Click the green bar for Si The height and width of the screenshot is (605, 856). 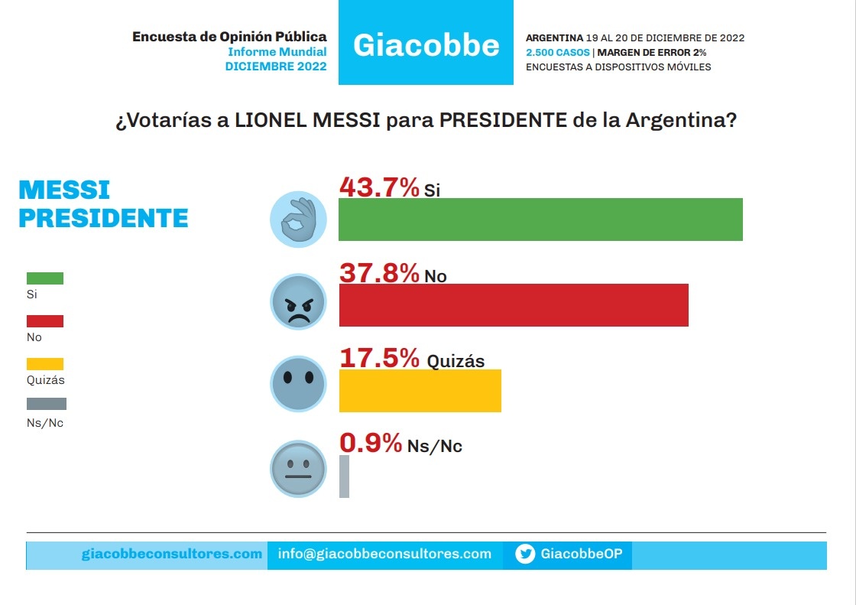pyautogui.click(x=540, y=220)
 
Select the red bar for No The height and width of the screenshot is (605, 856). pyautogui.click(x=514, y=305)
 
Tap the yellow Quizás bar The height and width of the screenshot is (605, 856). pyautogui.click(x=420, y=391)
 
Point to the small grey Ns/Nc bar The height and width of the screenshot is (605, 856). pyautogui.click(x=344, y=477)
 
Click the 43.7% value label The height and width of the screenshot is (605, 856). pyautogui.click(x=379, y=187)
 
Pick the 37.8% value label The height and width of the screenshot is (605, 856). pyautogui.click(x=379, y=272)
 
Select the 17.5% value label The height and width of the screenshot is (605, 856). pyautogui.click(x=379, y=358)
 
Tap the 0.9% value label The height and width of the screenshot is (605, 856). pyautogui.click(x=371, y=443)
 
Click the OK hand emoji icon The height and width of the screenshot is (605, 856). pyautogui.click(x=298, y=220)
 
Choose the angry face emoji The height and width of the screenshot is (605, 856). pyautogui.click(x=298, y=302)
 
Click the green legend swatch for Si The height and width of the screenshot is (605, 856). pyautogui.click(x=45, y=278)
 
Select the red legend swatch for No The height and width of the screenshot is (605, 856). pyautogui.click(x=45, y=321)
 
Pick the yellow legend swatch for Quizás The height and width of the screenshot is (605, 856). pyautogui.click(x=45, y=364)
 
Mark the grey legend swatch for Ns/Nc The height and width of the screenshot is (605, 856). pyautogui.click(x=47, y=404)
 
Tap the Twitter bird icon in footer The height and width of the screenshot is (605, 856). pyautogui.click(x=525, y=555)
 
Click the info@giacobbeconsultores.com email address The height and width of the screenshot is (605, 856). pyautogui.click(x=384, y=554)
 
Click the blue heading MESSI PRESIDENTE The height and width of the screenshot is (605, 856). pyautogui.click(x=103, y=203)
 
